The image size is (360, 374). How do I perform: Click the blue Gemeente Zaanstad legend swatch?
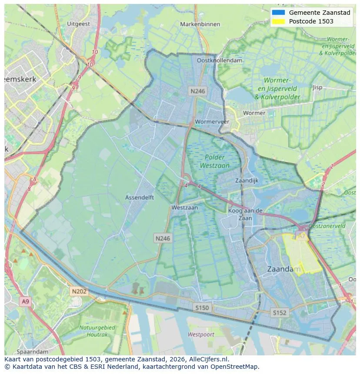pyautogui.click(x=278, y=13)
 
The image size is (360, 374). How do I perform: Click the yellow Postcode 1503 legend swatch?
pyautogui.click(x=278, y=21)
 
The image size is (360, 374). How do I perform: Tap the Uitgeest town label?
pyautogui.click(x=79, y=24)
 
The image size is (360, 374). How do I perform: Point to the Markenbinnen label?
pyautogui.click(x=200, y=24)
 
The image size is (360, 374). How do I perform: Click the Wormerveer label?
pyautogui.click(x=212, y=122)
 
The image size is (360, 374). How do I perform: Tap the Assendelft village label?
pyautogui.click(x=140, y=197)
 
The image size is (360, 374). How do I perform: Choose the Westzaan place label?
pyautogui.click(x=184, y=208)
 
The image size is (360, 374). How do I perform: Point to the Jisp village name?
pyautogui.click(x=318, y=87)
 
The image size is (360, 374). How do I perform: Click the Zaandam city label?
pyautogui.click(x=283, y=269)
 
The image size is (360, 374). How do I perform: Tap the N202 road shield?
pyautogui.click(x=79, y=291)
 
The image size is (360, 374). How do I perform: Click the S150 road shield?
pyautogui.click(x=202, y=308)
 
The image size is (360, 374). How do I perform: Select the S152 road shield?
pyautogui.click(x=280, y=312)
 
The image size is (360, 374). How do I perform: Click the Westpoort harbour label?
pyautogui.click(x=201, y=334)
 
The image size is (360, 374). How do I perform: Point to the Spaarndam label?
pyautogui.click(x=33, y=351)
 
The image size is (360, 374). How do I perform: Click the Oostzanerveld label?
pyautogui.click(x=327, y=226)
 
